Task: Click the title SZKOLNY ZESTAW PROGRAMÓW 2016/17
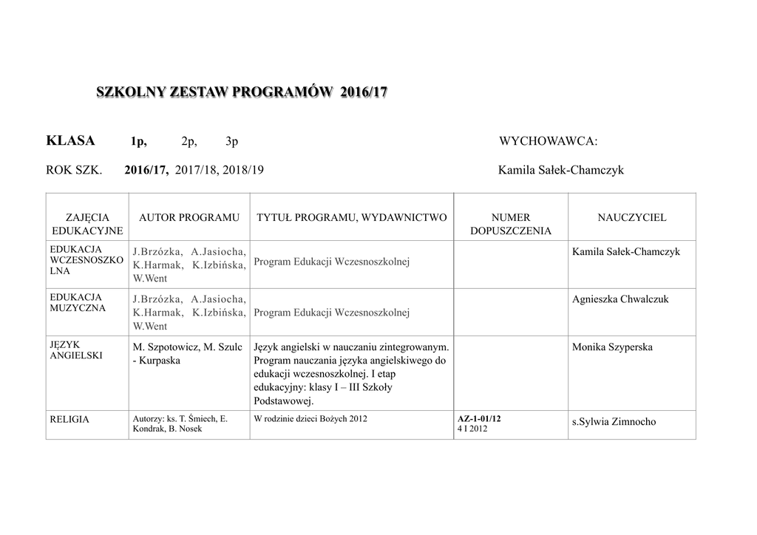pyautogui.click(x=242, y=93)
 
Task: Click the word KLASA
pyautogui.click(x=70, y=141)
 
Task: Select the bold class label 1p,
pyautogui.click(x=139, y=142)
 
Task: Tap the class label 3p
pyautogui.click(x=231, y=142)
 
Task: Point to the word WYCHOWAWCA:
pyautogui.click(x=548, y=142)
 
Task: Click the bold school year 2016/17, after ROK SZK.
pyautogui.click(x=146, y=170)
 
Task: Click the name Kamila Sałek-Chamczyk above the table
pyautogui.click(x=561, y=170)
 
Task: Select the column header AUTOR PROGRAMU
pyautogui.click(x=189, y=217)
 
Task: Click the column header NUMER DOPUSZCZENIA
pyautogui.click(x=510, y=224)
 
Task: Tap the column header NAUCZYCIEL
pyautogui.click(x=631, y=217)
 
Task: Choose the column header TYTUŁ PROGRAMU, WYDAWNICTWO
pyautogui.click(x=351, y=217)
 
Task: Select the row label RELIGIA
pyautogui.click(x=69, y=420)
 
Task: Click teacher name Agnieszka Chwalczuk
pyautogui.click(x=619, y=299)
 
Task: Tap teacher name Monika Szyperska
pyautogui.click(x=612, y=347)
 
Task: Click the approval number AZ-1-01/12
pyautogui.click(x=479, y=419)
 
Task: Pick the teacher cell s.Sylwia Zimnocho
pyautogui.click(x=614, y=422)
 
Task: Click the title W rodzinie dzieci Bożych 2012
pyautogui.click(x=310, y=418)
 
